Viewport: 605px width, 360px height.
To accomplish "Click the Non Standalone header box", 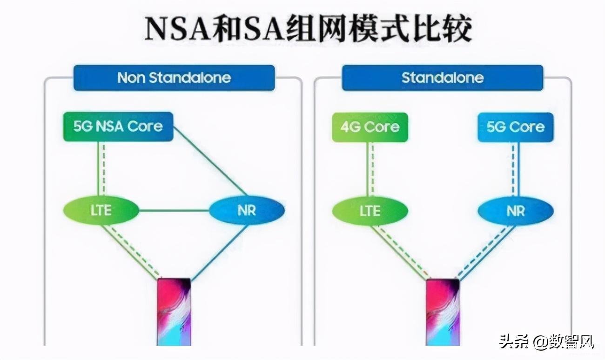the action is (x=174, y=78).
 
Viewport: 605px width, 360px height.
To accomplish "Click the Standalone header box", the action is (x=443, y=78).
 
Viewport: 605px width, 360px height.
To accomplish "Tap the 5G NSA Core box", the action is (x=118, y=127).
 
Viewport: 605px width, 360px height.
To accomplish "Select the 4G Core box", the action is (x=370, y=127).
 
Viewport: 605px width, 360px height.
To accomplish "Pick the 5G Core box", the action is (x=516, y=127).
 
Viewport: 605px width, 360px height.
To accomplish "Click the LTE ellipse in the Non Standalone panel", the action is (x=101, y=210).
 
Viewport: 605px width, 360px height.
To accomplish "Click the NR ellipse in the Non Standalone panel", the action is (x=247, y=210).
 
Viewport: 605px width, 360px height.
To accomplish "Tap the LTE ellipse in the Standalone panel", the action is (x=370, y=211).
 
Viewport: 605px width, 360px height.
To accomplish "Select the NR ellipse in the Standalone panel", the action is (x=516, y=211).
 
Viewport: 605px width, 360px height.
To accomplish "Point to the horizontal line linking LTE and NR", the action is (x=174, y=211).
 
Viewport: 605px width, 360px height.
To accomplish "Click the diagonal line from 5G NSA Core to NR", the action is (x=210, y=161).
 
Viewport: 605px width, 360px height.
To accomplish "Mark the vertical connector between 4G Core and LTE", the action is (x=370, y=169).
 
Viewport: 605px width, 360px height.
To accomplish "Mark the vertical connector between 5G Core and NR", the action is (x=515, y=169).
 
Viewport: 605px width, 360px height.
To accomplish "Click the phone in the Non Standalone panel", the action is (x=174, y=312).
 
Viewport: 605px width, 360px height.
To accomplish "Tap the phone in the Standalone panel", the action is (x=443, y=313).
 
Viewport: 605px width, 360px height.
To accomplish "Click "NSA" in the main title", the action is (x=179, y=28).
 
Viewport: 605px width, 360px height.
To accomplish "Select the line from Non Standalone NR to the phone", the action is (x=219, y=252).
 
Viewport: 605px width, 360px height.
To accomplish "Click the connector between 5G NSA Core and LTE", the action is (x=101, y=169).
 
